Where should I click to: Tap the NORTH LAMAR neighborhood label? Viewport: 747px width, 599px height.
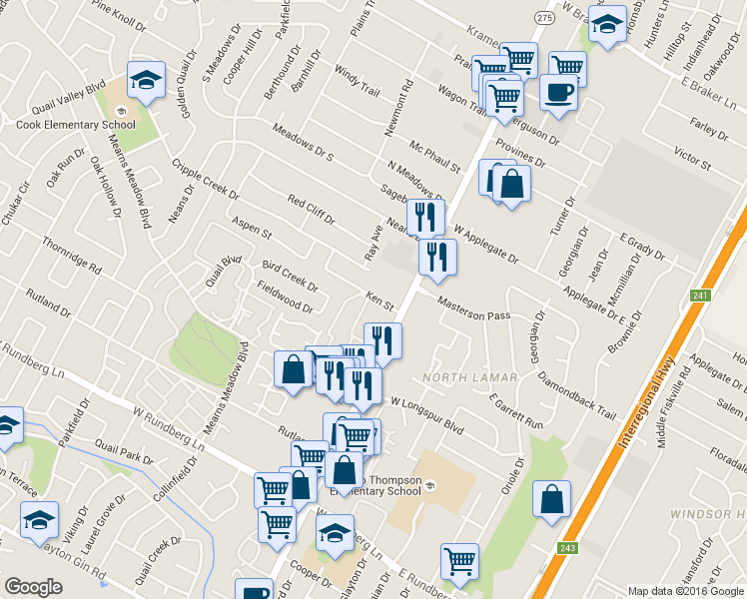click(x=468, y=376)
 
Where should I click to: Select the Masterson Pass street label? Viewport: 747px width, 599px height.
click(x=474, y=314)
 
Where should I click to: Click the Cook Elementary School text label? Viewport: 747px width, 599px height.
click(x=75, y=125)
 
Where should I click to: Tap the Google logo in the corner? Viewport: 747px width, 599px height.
click(x=33, y=587)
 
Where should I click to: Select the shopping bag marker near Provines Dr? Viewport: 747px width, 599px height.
click(x=511, y=185)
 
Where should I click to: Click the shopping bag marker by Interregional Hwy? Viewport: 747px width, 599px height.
click(x=551, y=499)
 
